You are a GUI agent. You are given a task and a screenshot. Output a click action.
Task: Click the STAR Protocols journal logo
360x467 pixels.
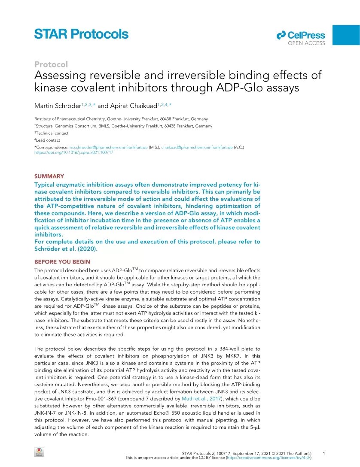coord(81,34)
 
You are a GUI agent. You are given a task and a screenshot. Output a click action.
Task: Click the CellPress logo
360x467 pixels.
coord(301,35)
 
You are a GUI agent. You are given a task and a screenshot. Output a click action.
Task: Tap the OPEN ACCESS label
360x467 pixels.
coord(306,43)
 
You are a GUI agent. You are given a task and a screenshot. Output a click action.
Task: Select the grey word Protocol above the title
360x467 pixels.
coord(51,64)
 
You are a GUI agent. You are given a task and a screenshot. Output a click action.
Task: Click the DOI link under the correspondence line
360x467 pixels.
coord(73,152)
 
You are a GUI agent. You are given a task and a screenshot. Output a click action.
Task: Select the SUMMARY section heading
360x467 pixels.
coord(49,176)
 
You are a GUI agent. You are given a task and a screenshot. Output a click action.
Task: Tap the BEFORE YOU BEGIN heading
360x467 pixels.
coord(62,262)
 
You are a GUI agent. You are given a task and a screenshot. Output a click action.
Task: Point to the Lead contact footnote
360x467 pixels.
coord(48,140)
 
